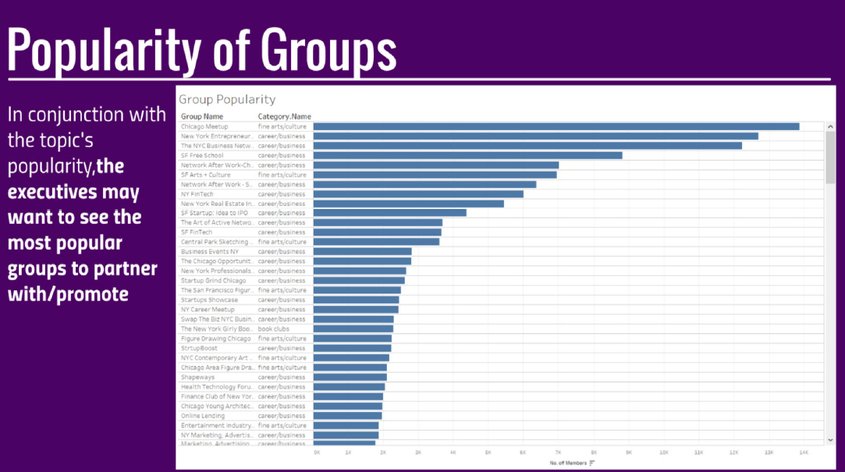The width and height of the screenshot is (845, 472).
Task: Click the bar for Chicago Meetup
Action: pyautogui.click(x=556, y=126)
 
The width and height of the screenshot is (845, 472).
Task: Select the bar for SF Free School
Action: pyautogui.click(x=467, y=155)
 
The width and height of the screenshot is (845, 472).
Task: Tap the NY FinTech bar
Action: pyautogui.click(x=418, y=193)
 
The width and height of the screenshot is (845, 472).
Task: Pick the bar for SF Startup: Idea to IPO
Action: pyautogui.click(x=389, y=213)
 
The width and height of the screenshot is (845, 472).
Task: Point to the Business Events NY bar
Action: pyautogui.click(x=362, y=251)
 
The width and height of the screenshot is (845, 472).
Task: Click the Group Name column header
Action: pyautogui.click(x=202, y=116)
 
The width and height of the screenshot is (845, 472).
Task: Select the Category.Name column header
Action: pyautogui.click(x=284, y=116)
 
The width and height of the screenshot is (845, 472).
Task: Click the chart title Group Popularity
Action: pyautogui.click(x=227, y=99)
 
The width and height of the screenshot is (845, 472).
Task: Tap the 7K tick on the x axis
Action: pyautogui.click(x=558, y=452)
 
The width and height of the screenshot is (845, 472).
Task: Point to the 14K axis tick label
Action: pyautogui.click(x=803, y=452)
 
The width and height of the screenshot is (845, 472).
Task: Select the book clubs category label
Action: pyautogui.click(x=274, y=328)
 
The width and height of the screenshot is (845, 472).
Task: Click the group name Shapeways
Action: pyautogui.click(x=198, y=377)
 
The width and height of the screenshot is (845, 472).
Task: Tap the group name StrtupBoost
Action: pyautogui.click(x=199, y=348)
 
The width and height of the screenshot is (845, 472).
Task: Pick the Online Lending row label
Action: pyautogui.click(x=203, y=416)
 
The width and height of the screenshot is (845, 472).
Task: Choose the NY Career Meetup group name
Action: pyautogui.click(x=208, y=309)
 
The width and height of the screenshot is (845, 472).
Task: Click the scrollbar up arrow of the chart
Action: pyautogui.click(x=830, y=126)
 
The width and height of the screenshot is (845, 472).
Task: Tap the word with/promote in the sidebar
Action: pyautogui.click(x=69, y=294)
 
